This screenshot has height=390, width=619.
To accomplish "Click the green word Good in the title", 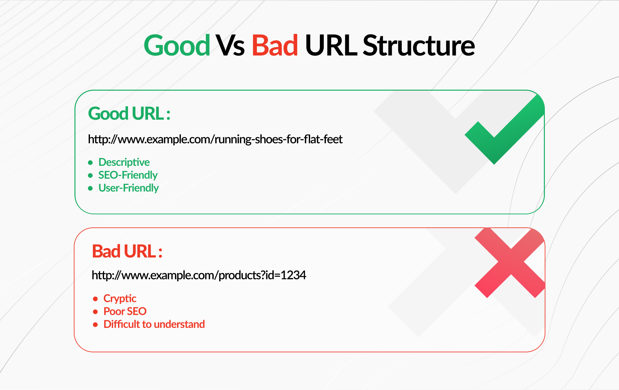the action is click(177, 45).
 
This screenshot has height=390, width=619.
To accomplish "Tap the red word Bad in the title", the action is click(275, 45).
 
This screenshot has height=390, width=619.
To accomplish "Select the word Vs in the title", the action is click(230, 45).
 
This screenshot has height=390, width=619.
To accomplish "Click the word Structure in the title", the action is click(419, 45).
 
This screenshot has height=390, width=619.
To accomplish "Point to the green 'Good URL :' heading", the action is click(129, 114).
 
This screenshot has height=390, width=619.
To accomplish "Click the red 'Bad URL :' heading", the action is click(127, 251).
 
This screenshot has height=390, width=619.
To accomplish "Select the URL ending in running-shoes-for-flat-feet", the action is click(215, 139).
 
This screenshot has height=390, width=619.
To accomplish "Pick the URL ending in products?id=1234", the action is click(199, 275).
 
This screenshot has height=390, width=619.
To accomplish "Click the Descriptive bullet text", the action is click(124, 162).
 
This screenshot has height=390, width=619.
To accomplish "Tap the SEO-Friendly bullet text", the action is click(128, 175).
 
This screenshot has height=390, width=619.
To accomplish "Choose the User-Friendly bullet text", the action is click(129, 188).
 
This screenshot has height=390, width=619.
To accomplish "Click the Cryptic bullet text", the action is click(120, 298).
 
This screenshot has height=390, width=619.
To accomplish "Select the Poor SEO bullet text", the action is click(125, 311).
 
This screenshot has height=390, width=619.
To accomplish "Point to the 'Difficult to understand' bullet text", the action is click(154, 324).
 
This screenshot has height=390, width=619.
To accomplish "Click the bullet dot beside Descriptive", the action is click(91, 163).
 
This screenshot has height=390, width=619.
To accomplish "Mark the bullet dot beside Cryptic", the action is click(95, 299).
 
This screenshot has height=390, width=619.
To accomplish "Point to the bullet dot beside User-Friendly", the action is click(91, 188).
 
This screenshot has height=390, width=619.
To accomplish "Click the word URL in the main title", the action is click(331, 45).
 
